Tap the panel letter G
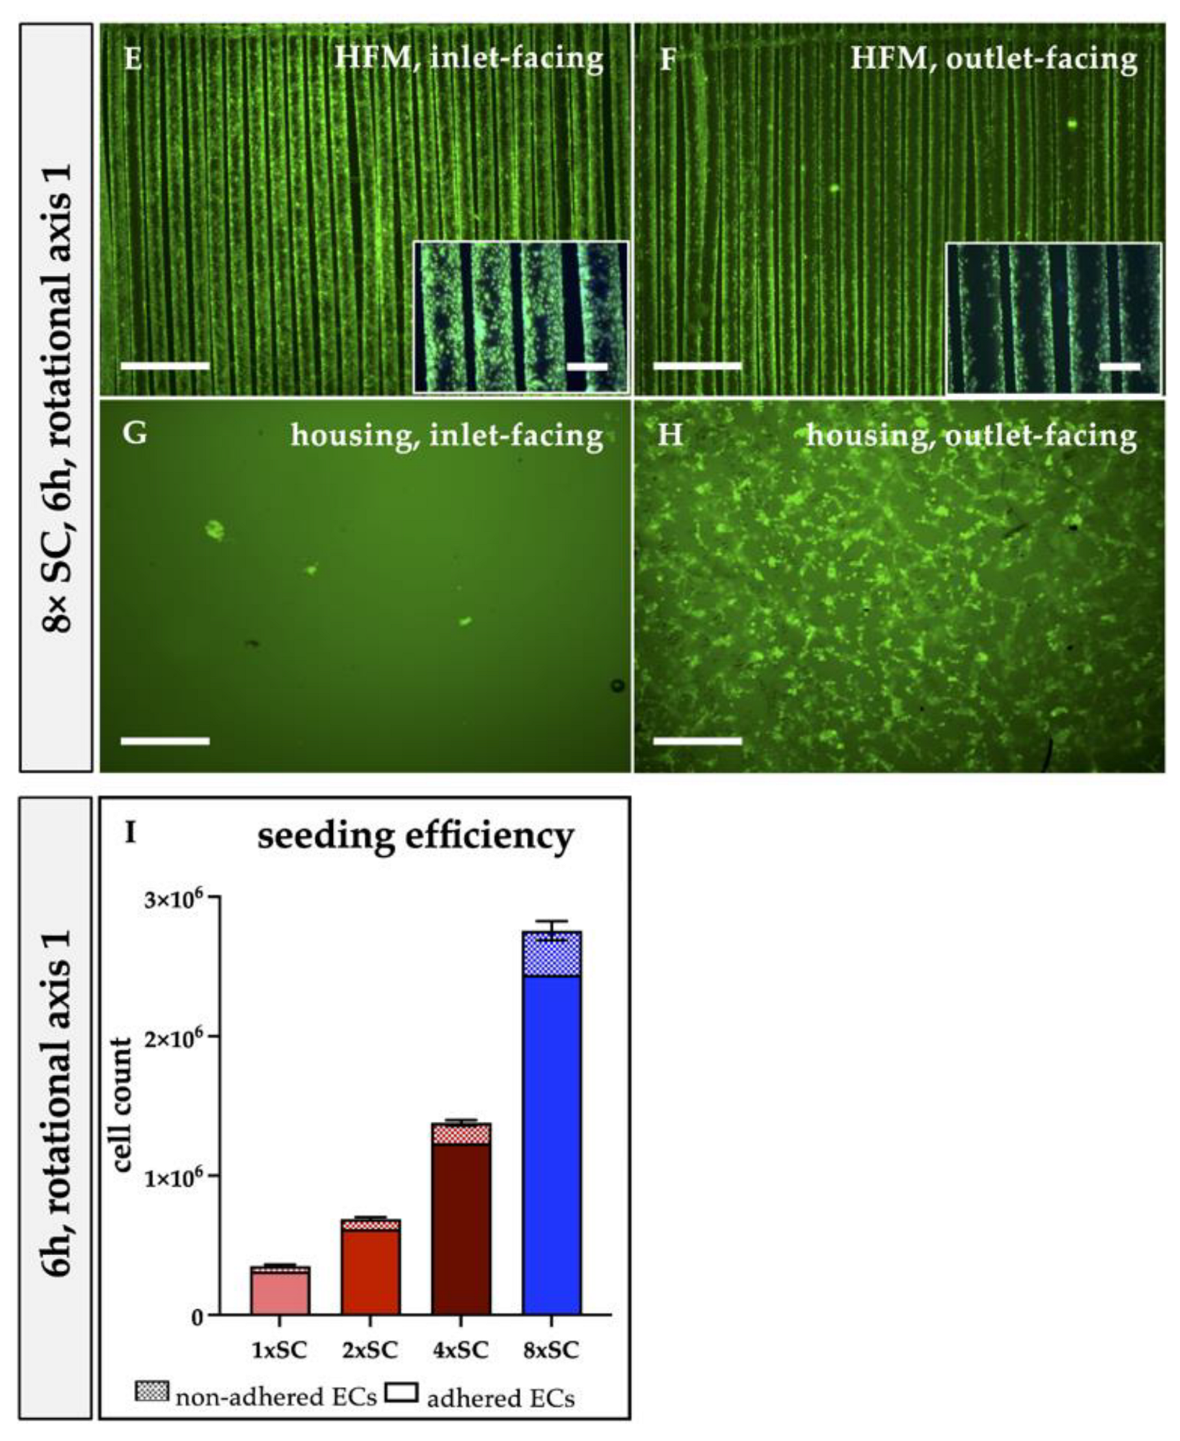tap(135, 434)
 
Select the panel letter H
tap(670, 435)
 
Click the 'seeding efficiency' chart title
tap(416, 837)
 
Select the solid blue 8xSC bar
tap(551, 1146)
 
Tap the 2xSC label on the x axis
tap(370, 1350)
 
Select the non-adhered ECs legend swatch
tap(152, 1391)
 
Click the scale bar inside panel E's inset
tap(587, 367)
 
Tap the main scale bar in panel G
tap(165, 741)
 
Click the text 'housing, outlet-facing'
tap(971, 435)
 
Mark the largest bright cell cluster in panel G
tap(214, 530)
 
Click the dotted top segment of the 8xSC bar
tap(551, 955)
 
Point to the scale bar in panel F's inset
tap(1121, 367)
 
